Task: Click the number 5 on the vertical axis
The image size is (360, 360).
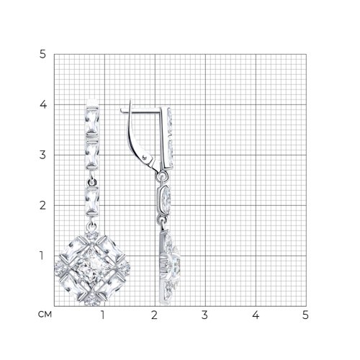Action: click(x=42, y=55)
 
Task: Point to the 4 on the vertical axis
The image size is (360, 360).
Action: click(x=43, y=104)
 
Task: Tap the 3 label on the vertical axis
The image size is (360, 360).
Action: click(x=42, y=155)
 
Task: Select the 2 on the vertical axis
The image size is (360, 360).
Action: click(x=42, y=205)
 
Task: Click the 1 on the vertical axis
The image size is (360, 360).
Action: click(x=42, y=256)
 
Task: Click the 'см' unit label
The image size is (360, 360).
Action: click(x=45, y=315)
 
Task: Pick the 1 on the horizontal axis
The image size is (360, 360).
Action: click(x=103, y=315)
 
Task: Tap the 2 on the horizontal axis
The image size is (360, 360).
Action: click(x=154, y=315)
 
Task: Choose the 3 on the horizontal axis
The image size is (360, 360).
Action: click(x=204, y=315)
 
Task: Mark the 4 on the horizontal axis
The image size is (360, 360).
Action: click(x=256, y=315)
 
